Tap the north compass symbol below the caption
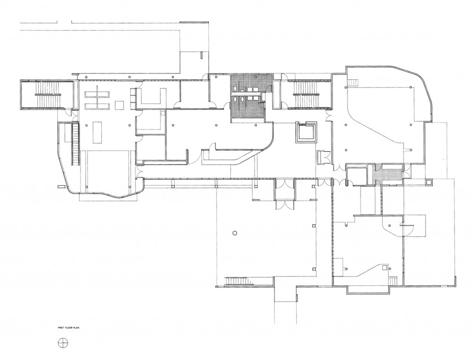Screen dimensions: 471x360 coord(63,343)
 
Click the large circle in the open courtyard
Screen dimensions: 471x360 coord(235,232)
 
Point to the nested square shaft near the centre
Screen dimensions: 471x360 coord(306,132)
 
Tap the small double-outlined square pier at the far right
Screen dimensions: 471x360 coord(429,181)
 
